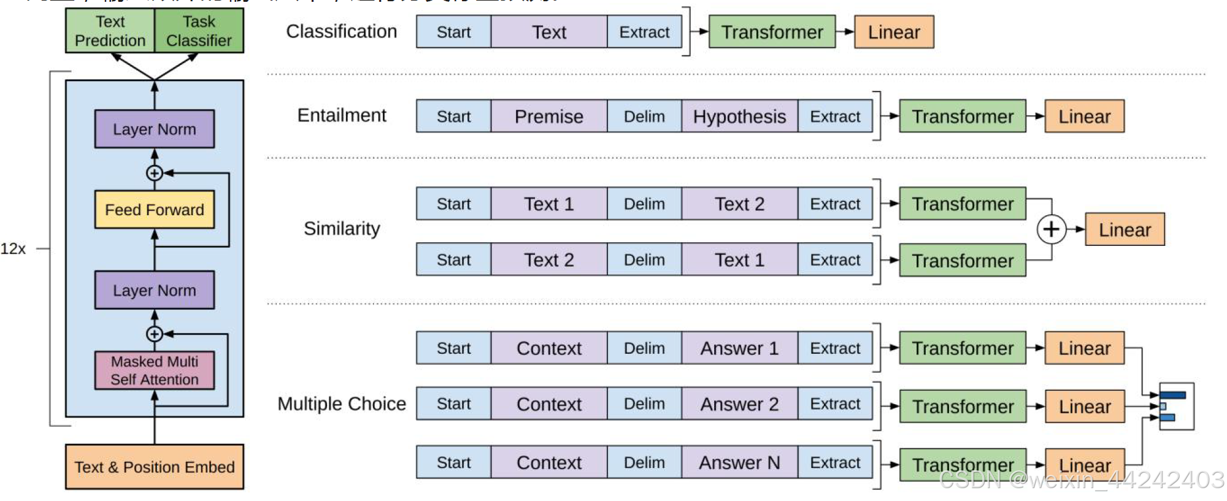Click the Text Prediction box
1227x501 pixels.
110,31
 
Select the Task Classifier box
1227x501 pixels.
199,31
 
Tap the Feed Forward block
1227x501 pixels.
154,210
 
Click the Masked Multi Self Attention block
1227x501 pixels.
154,370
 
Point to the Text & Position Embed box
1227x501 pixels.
154,467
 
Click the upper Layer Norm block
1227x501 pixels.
154,129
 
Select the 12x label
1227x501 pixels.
13,249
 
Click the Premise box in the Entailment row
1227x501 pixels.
548,117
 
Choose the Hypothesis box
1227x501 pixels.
739,117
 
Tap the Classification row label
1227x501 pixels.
341,31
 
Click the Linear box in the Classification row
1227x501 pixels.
894,32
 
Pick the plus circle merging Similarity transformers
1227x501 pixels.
1051,229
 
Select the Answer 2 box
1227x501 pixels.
739,404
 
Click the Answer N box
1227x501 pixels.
739,462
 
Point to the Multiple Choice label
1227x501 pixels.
341,403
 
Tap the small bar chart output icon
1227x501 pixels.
1176,406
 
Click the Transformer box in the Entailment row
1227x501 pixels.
962,117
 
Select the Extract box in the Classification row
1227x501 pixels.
644,32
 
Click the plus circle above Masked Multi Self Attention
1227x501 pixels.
154,334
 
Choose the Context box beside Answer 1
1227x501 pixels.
548,348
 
